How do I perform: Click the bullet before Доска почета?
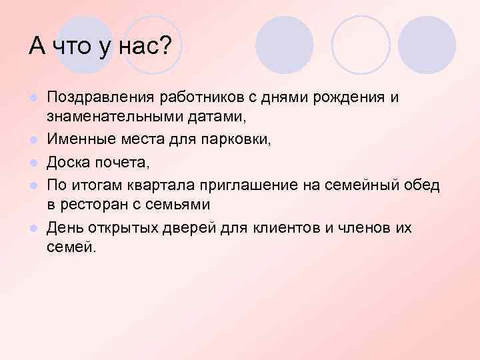33,163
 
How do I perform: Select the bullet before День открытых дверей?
33,229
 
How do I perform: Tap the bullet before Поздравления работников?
33,99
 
